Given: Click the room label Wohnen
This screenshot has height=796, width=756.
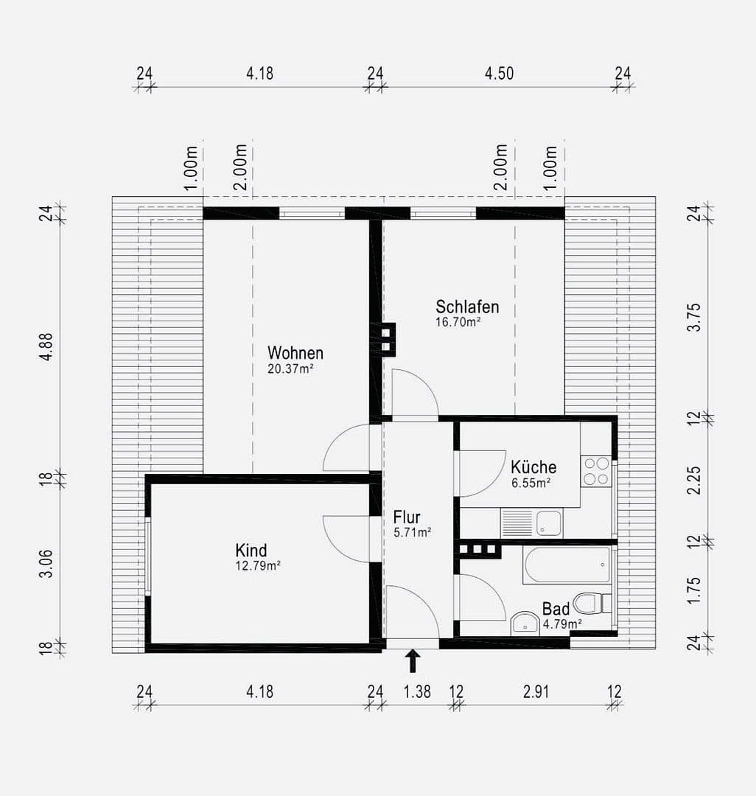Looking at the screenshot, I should (295, 352).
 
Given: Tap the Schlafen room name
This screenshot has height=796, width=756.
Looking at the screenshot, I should (467, 307).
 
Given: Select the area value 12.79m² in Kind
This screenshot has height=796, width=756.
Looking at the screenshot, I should (258, 566).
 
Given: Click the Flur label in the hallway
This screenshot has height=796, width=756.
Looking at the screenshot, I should (407, 517).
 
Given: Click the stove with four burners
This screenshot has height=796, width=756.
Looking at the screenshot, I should (596, 471).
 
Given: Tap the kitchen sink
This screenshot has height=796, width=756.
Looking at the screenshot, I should (548, 523).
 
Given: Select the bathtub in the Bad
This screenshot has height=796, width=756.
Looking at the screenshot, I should (566, 565).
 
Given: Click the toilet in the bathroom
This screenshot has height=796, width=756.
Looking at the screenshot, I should (589, 604).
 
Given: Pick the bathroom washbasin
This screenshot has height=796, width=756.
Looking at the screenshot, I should (525, 624).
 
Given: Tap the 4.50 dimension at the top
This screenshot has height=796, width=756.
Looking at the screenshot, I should (499, 73).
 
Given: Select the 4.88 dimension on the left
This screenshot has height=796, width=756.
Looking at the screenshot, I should (46, 345).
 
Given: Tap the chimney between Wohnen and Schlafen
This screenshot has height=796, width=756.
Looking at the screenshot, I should (388, 339).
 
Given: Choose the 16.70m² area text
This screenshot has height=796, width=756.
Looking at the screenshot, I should (458, 322).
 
